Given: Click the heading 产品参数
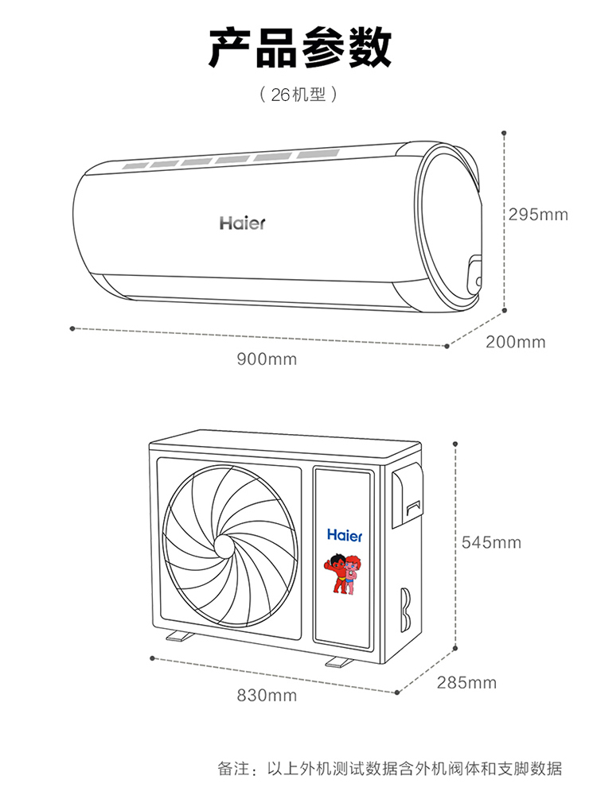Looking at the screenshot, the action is [299, 48].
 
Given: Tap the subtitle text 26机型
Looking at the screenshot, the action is [298, 95].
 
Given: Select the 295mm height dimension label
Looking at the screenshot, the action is [539, 214].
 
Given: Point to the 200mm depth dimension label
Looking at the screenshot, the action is [516, 342].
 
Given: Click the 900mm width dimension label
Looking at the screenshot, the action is [267, 359].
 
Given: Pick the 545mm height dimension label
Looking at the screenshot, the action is [491, 542].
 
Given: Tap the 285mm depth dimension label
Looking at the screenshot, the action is [466, 683].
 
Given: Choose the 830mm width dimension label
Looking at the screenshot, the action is [267, 696].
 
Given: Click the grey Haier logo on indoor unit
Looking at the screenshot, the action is [242, 223].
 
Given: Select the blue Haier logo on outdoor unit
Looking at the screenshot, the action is [345, 535].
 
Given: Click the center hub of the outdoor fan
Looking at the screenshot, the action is [224, 547].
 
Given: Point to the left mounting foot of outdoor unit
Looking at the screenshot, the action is [179, 637].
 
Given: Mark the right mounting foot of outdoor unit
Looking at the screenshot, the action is [339, 661].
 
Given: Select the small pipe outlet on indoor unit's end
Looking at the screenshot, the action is [475, 275].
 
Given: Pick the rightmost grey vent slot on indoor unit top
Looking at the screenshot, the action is [318, 153].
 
